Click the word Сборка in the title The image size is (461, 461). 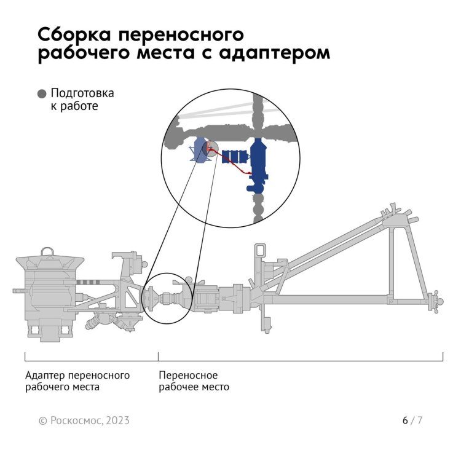coord(74,34)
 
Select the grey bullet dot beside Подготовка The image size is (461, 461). coord(42,94)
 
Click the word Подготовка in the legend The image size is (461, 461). coord(82,93)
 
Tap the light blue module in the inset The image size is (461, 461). coord(200,149)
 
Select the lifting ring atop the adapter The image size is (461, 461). coord(47,252)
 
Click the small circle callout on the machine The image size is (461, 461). coord(167,298)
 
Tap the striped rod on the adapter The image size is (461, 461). coord(88,283)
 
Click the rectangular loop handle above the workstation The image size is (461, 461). coord(260,251)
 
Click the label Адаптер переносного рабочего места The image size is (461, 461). coord(77,381)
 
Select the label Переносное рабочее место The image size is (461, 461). coord(194,381)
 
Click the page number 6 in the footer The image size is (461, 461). coord(405,420)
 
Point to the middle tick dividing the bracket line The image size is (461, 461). coord(158,357)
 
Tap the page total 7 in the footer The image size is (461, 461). coord(420,420)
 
